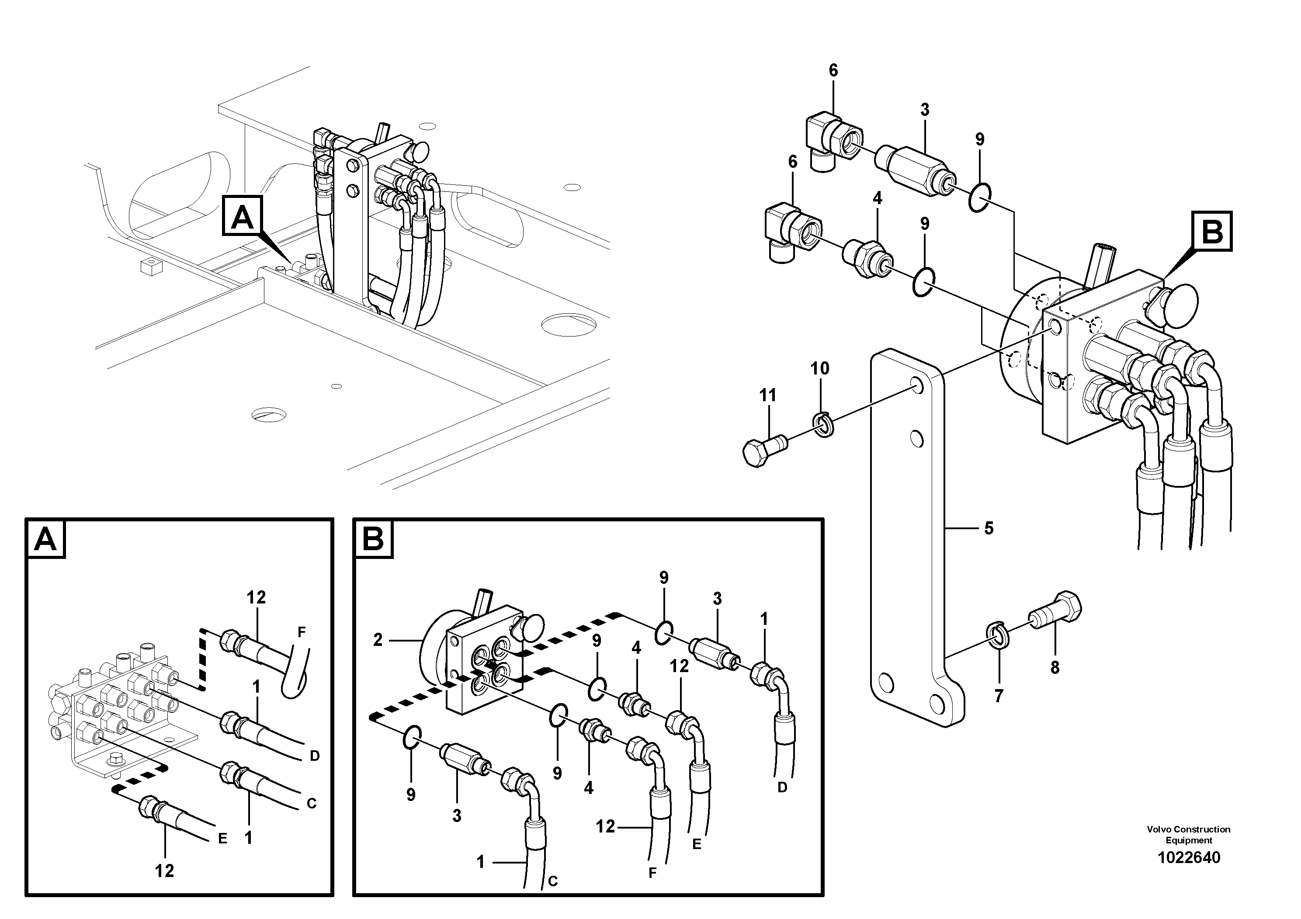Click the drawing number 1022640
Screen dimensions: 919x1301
point(1188,858)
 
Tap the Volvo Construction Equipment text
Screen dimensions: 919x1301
point(1188,835)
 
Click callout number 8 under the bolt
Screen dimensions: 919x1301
point(1055,667)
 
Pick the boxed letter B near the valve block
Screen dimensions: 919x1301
point(1212,231)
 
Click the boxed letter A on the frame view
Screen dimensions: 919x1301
point(243,216)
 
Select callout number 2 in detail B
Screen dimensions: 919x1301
point(378,640)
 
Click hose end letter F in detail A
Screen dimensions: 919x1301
point(302,631)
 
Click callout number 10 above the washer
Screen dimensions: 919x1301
point(819,368)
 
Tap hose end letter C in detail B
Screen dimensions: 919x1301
point(553,881)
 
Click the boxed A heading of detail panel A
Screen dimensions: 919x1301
point(45,538)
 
